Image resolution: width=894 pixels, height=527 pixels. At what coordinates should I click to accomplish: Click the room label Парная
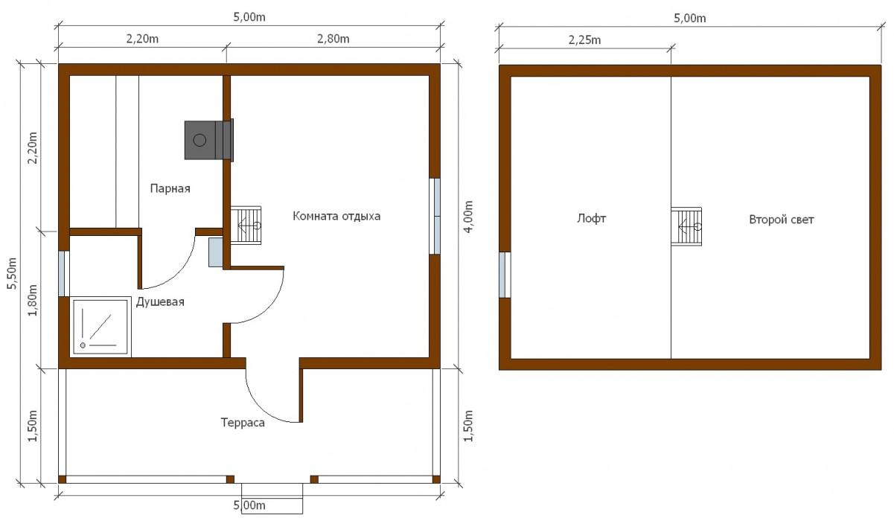point(170,188)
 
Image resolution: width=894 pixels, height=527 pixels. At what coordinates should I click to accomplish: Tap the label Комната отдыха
point(336,216)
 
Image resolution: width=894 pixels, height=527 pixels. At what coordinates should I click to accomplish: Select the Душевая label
point(160,301)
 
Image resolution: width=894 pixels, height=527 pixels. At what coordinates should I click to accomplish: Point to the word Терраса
point(243,422)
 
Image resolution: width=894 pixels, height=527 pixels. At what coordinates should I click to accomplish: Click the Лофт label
point(592,219)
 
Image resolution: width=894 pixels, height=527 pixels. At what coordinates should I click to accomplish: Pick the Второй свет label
point(781,220)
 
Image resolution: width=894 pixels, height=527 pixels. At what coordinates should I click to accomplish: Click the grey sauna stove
point(208,140)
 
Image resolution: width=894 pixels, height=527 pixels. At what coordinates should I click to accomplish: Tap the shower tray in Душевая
point(100,326)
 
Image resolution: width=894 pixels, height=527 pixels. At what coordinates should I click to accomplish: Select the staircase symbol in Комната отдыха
point(246,226)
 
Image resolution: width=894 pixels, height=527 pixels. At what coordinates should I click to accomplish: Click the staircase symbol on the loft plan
point(686,226)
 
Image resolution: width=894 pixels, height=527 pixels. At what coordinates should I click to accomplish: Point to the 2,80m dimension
point(333,39)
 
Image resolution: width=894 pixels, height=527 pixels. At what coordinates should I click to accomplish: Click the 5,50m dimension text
point(13,273)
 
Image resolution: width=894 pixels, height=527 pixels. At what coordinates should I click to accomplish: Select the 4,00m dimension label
point(469,217)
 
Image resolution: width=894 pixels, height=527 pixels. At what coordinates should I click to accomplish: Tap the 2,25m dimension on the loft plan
point(584,40)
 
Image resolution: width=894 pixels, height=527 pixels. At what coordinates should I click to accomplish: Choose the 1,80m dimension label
point(33,300)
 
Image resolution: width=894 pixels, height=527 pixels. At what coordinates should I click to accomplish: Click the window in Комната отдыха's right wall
point(435,216)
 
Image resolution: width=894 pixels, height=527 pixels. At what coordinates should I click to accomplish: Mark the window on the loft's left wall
point(505,275)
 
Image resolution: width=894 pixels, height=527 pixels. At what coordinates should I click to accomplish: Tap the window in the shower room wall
point(64,273)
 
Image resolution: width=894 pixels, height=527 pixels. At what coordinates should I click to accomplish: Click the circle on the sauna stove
point(199,140)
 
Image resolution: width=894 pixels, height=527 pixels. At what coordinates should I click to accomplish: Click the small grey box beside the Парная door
point(216,252)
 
